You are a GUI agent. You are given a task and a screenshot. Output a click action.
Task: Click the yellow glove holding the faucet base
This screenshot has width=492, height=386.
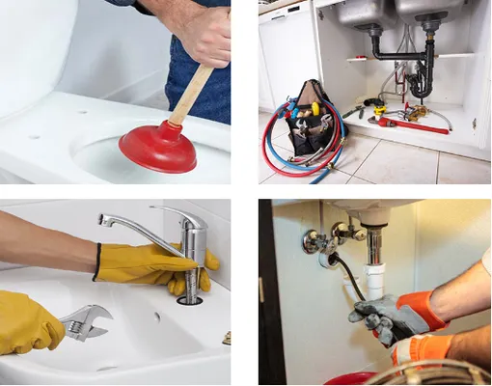[x=154, y=265]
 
